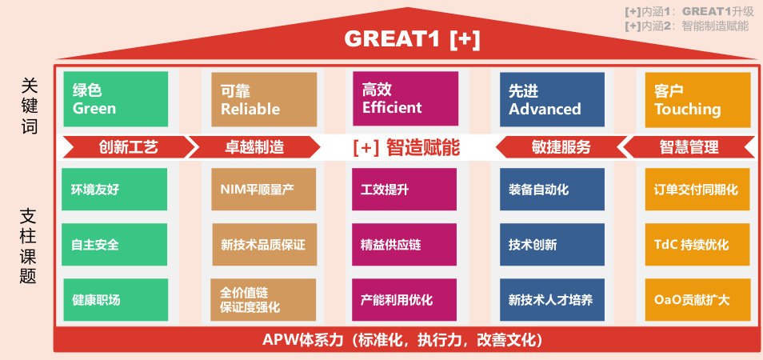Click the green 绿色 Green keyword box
116,99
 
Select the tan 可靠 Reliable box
264,99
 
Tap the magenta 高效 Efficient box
405,98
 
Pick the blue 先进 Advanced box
553,99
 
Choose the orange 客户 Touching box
697,100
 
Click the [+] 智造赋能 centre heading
406,147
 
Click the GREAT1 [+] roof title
412,39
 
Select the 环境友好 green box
114,190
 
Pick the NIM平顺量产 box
264,190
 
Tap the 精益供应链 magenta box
405,244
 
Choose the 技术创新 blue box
553,244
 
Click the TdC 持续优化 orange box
697,244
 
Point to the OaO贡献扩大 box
697,300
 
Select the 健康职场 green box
116,300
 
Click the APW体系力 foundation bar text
402,339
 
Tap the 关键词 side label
30,106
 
